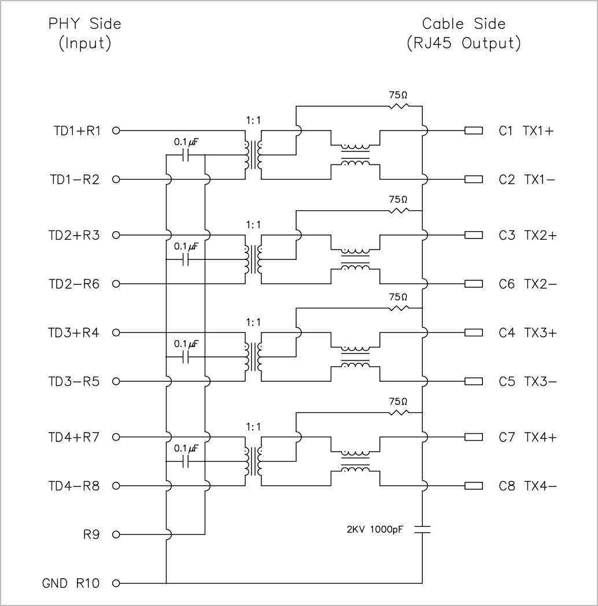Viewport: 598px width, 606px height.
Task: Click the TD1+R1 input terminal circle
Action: click(x=116, y=131)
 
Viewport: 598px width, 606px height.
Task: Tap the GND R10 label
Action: click(x=71, y=583)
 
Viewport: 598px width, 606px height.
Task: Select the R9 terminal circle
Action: click(x=116, y=534)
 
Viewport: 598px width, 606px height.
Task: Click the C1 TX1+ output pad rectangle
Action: click(x=474, y=131)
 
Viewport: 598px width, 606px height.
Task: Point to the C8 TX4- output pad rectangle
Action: click(x=474, y=486)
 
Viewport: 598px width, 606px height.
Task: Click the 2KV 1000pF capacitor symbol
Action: click(x=422, y=530)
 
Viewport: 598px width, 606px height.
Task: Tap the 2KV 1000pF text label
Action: click(x=375, y=529)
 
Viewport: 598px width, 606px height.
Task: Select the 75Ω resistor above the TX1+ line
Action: click(x=398, y=106)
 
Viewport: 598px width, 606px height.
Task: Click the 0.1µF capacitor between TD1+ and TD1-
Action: click(x=186, y=155)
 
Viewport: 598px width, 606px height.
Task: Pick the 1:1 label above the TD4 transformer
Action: click(x=253, y=427)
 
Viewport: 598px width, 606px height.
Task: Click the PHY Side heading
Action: click(x=84, y=24)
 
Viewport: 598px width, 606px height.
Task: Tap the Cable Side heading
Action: click(x=464, y=24)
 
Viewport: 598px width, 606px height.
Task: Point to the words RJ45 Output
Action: click(x=464, y=43)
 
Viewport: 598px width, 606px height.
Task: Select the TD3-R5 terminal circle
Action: click(x=116, y=381)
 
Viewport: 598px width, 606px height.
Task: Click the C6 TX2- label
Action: click(x=527, y=284)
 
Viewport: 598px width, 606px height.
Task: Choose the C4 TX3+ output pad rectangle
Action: click(x=474, y=332)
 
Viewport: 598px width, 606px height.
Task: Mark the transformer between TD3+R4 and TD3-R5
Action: click(x=253, y=356)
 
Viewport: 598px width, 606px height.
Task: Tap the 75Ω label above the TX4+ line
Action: click(x=398, y=401)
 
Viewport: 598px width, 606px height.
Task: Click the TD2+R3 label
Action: click(x=74, y=235)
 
